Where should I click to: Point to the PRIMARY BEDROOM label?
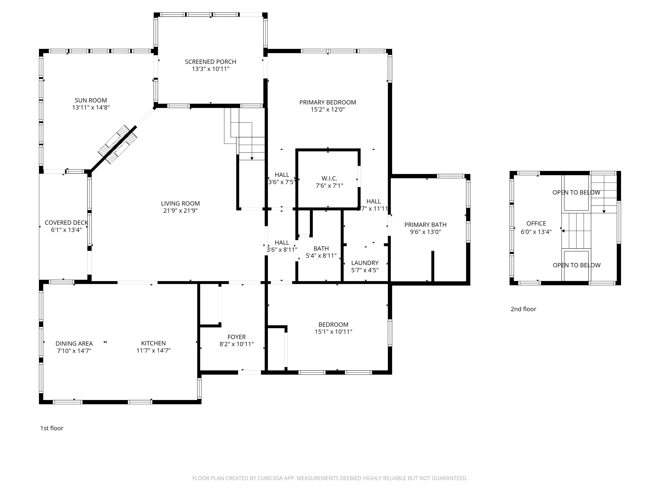click(328, 102)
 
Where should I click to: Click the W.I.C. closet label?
click(329, 178)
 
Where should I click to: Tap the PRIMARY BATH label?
click(425, 225)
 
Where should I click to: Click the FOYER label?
click(236, 337)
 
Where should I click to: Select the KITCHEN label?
click(153, 343)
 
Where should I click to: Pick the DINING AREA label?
click(74, 343)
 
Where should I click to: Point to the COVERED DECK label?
click(66, 223)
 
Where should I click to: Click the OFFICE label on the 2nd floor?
click(536, 224)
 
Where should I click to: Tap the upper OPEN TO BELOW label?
click(576, 192)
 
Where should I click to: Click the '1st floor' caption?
click(52, 428)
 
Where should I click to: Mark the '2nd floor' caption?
click(523, 309)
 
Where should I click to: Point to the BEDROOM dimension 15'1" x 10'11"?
click(333, 332)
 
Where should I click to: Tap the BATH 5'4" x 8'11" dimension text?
click(321, 256)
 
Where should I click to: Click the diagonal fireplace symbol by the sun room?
click(117, 144)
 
